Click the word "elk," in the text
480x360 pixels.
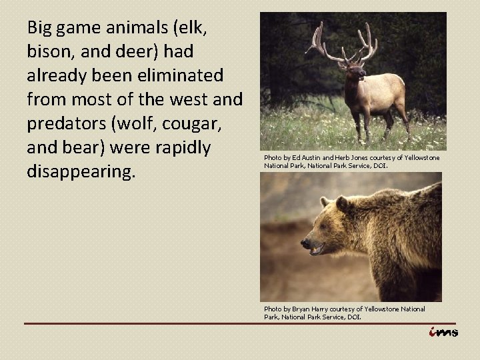(x=217, y=28)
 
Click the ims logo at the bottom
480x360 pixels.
(x=443, y=333)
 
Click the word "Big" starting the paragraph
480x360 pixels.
(x=39, y=28)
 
